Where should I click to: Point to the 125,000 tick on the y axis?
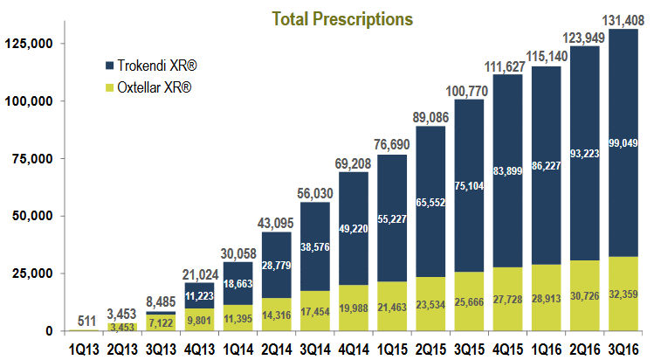31,44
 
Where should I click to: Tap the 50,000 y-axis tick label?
34,216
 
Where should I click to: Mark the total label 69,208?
361,163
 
